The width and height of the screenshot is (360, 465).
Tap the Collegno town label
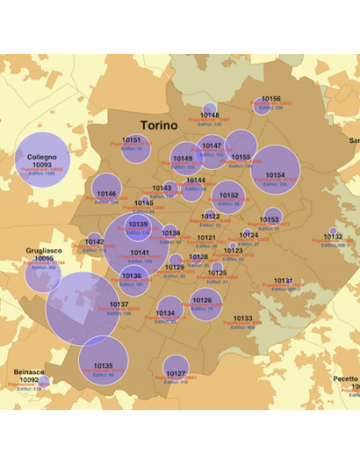(x=41, y=156)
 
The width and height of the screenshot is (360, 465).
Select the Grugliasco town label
(x=43, y=251)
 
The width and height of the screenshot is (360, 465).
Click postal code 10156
(x=271, y=99)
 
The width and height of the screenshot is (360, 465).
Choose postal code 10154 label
(x=275, y=175)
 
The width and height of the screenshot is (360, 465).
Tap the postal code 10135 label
(x=103, y=366)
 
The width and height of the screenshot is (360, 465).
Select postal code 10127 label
(x=175, y=373)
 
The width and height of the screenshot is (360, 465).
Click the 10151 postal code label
(x=132, y=140)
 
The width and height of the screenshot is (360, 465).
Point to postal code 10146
(x=106, y=193)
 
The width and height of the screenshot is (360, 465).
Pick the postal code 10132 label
(x=332, y=237)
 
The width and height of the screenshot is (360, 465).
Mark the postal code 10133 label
(x=243, y=318)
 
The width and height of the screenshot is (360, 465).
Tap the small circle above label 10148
(x=210, y=108)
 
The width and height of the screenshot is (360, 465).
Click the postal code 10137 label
(x=119, y=305)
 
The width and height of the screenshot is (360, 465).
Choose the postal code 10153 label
(x=270, y=219)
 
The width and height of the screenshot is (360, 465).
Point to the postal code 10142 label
(x=94, y=241)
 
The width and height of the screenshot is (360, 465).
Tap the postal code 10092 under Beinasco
(x=29, y=380)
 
